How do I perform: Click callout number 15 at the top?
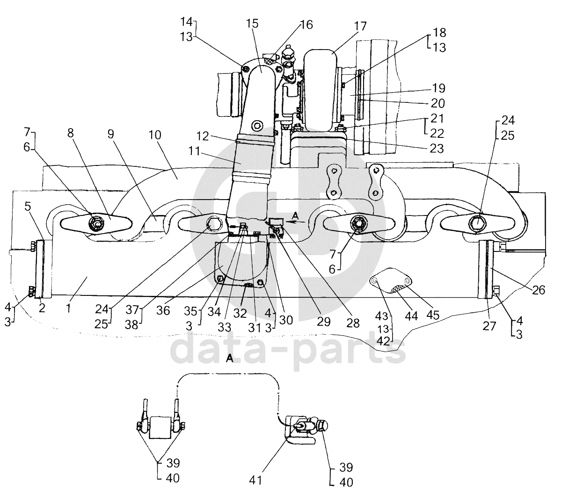(x=252, y=24)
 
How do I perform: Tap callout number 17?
(x=360, y=26)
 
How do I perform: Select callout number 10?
(x=154, y=135)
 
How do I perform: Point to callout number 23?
(x=437, y=148)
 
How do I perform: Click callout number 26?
(x=539, y=290)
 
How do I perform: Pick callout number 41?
(x=255, y=480)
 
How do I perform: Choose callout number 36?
(x=163, y=310)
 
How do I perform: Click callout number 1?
(x=68, y=308)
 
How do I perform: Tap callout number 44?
(x=411, y=316)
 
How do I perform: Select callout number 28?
(x=353, y=323)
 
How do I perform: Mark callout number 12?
(x=203, y=136)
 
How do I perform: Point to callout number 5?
(x=28, y=206)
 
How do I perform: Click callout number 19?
(x=438, y=88)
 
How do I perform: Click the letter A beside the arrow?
(x=295, y=215)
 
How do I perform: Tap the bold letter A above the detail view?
(x=230, y=359)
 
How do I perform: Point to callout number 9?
(x=110, y=134)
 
